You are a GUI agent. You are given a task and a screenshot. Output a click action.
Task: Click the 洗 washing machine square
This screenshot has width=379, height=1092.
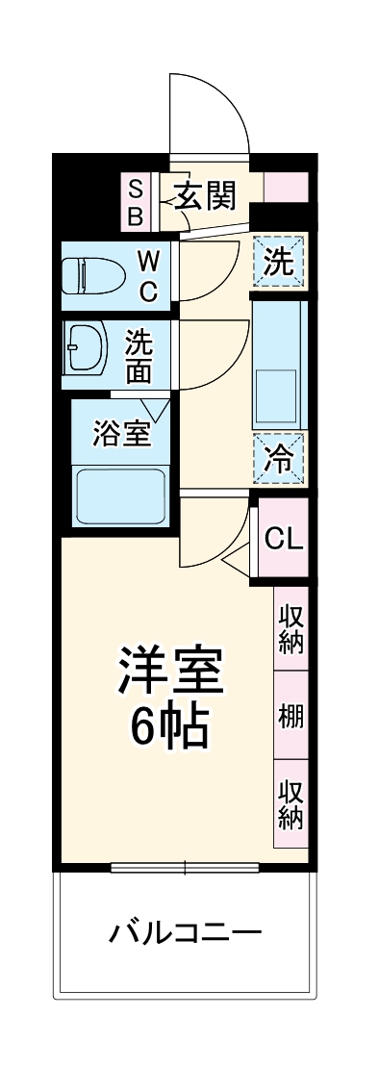(x=279, y=262)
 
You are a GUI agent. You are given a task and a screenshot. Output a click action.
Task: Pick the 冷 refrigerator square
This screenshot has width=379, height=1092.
(x=279, y=457)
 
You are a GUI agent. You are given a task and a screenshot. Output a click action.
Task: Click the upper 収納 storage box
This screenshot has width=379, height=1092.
(x=291, y=628)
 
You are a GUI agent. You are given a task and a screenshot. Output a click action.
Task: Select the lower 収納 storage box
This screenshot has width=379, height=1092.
(x=291, y=804)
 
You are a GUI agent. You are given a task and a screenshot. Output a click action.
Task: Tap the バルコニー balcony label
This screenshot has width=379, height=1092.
(x=185, y=931)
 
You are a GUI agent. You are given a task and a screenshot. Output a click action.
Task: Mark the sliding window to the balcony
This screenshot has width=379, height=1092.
(x=185, y=867)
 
